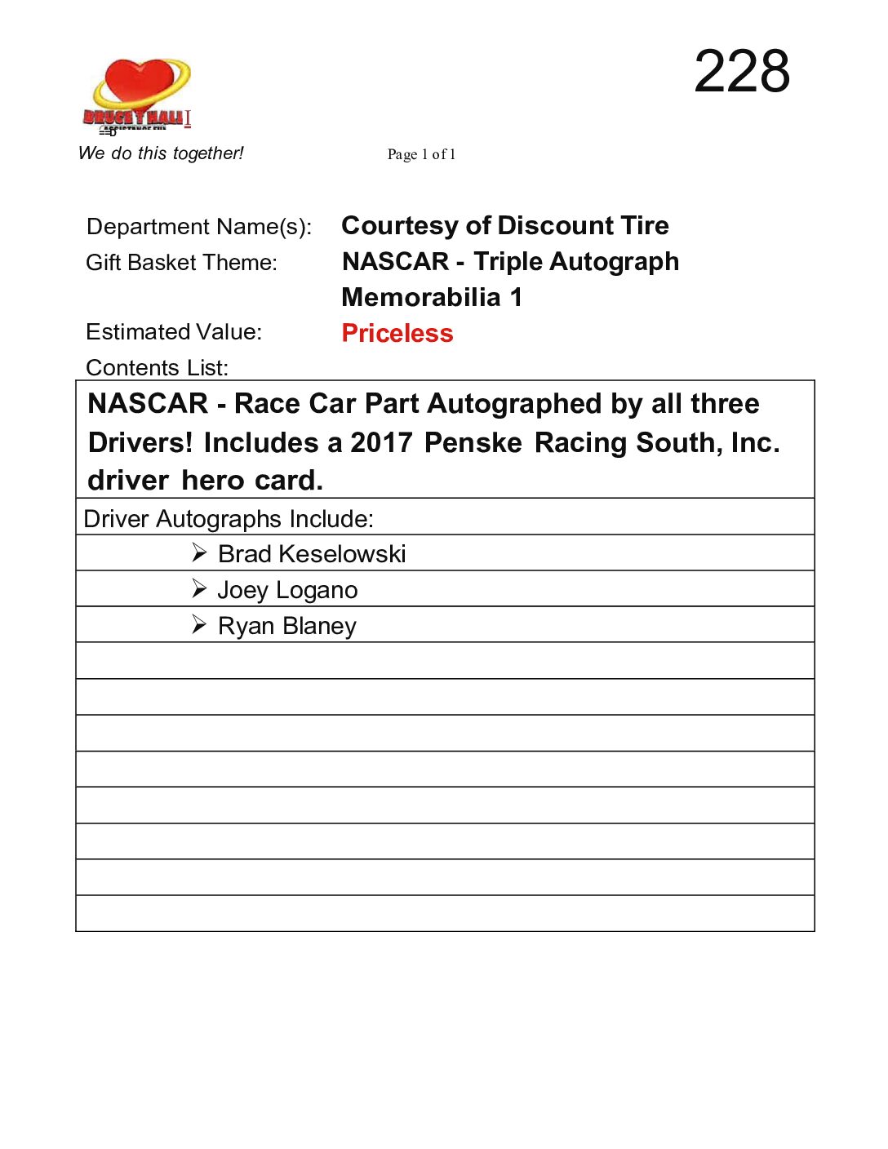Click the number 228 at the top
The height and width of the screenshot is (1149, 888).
pos(741,71)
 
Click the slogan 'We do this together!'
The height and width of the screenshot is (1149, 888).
pos(161,153)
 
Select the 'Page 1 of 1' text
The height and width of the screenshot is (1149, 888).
pos(421,154)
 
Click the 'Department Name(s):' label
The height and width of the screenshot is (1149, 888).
pos(199,227)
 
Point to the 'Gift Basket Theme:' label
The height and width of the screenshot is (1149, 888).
pos(181,263)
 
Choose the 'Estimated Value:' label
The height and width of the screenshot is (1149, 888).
pos(174,332)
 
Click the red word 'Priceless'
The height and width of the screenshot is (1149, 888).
pos(397,333)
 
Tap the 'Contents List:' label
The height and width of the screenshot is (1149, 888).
pos(157,368)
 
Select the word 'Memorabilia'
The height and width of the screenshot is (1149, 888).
pos(420,298)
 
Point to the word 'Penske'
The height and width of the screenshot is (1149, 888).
pos(473,443)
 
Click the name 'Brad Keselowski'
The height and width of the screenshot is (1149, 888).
pos(312,554)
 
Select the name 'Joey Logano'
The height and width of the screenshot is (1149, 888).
pos(287,590)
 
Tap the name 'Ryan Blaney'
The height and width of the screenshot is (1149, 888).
pos(287,626)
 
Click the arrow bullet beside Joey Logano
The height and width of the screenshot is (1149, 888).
pos(199,588)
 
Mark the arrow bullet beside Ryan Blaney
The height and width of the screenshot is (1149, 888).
pos(199,624)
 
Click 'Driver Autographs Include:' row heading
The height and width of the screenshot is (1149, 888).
pos(229,519)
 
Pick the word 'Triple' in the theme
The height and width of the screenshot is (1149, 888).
pos(508,262)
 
